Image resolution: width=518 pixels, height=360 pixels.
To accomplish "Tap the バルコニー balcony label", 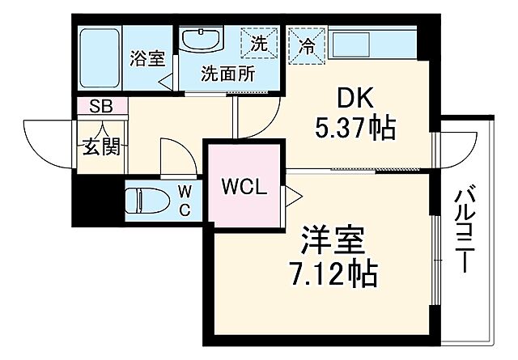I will point(464,230).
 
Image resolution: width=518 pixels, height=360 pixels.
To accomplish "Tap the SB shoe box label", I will point(101,105).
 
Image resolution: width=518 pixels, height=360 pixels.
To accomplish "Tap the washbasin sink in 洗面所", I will point(200,41).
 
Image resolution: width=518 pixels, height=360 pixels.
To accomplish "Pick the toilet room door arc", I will point(176,155).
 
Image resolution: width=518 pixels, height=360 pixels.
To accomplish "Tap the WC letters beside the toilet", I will point(185,201).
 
